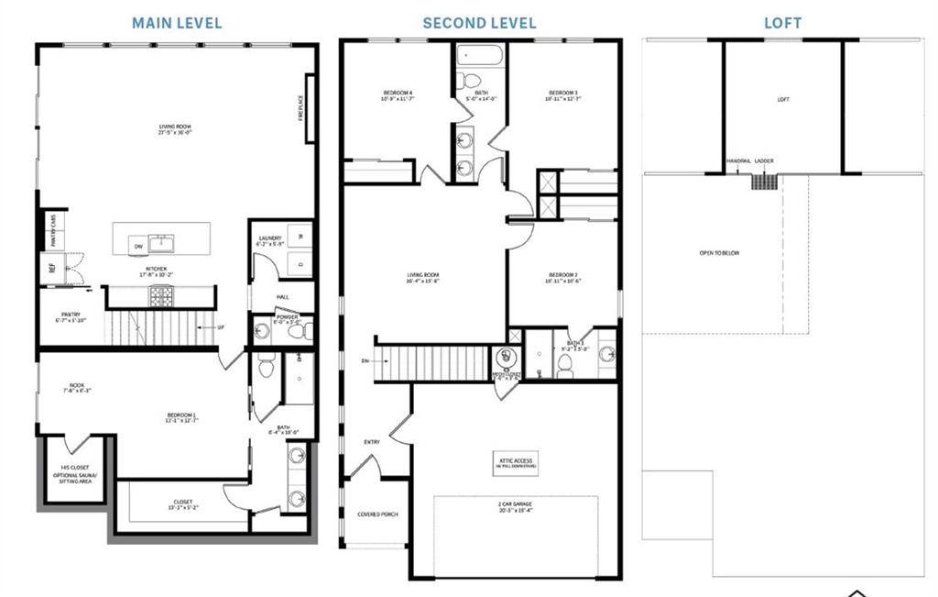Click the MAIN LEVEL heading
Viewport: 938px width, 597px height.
(177, 23)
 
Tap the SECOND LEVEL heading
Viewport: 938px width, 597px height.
(479, 23)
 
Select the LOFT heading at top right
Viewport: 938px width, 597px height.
(782, 23)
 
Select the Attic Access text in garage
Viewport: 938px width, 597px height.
(516, 462)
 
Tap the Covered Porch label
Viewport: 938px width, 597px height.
(375, 514)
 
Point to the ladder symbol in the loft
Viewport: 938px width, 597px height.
(764, 181)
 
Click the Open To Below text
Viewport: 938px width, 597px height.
(719, 253)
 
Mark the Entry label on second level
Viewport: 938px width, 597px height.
(372, 443)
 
